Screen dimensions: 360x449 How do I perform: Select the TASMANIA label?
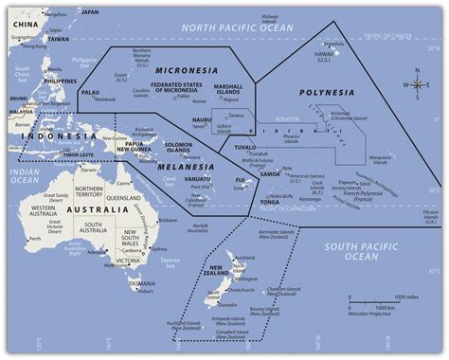tap(144, 283)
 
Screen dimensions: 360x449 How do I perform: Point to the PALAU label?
tap(91, 93)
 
